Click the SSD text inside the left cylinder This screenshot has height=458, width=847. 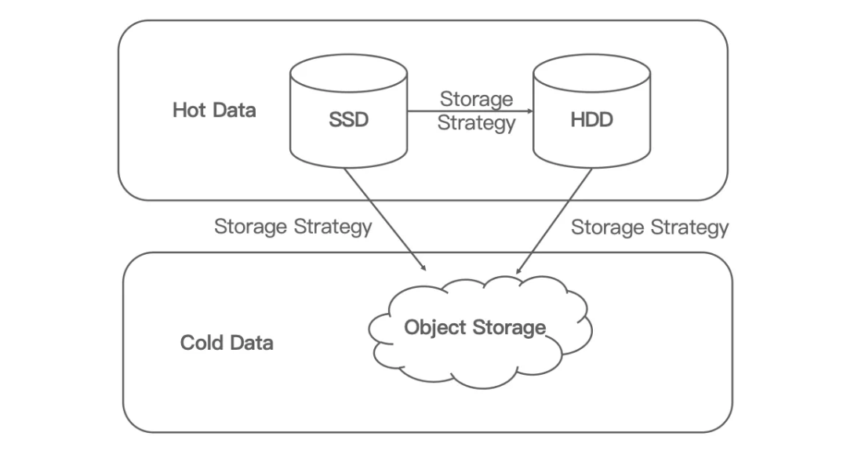click(x=347, y=122)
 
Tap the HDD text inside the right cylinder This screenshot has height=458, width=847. click(x=592, y=122)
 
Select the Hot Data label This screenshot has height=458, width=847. click(x=214, y=110)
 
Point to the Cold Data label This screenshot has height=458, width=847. click(x=227, y=343)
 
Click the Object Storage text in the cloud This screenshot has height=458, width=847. click(x=474, y=327)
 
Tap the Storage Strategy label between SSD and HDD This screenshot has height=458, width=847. click(x=476, y=111)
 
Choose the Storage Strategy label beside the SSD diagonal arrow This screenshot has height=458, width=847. click(x=293, y=227)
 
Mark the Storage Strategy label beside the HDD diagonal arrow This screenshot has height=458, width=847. click(x=649, y=227)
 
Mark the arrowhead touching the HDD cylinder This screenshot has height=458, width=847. click(x=529, y=111)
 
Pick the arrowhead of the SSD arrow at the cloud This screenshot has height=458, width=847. click(x=423, y=267)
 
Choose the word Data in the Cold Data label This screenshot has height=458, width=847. click(x=252, y=343)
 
